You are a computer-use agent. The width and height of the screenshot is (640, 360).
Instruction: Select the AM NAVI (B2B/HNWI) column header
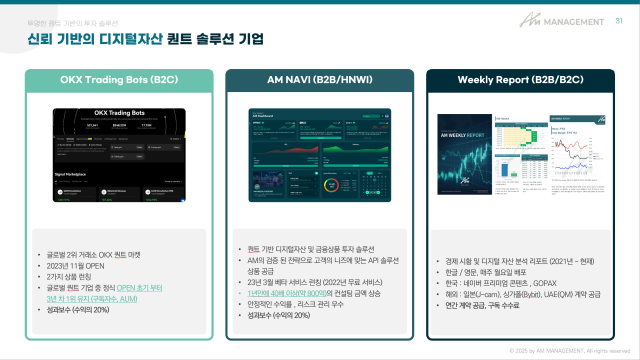click(x=319, y=78)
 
